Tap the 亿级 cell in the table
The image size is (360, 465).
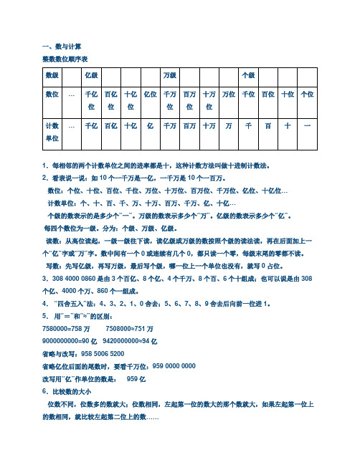91,75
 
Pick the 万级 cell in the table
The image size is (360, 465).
170,75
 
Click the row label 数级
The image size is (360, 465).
52,75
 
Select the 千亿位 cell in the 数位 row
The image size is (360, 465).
91,100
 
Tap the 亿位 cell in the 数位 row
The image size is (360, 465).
151,94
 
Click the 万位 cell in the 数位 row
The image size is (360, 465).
229,94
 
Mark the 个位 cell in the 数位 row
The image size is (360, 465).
307,94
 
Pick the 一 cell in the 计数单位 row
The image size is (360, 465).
307,125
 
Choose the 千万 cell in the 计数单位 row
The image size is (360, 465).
170,125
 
